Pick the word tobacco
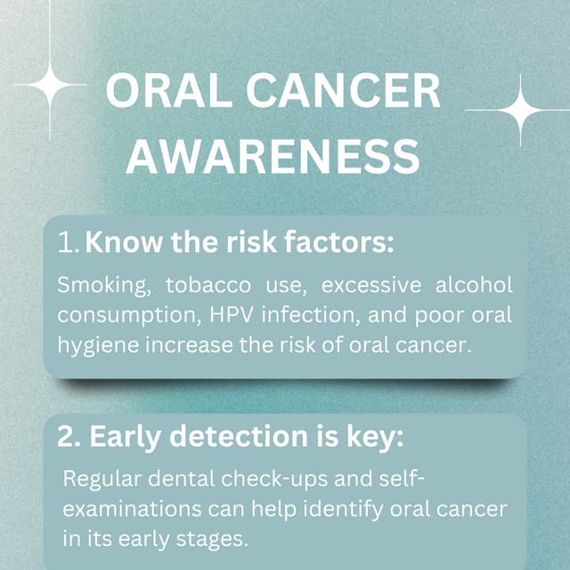click(194, 286)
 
